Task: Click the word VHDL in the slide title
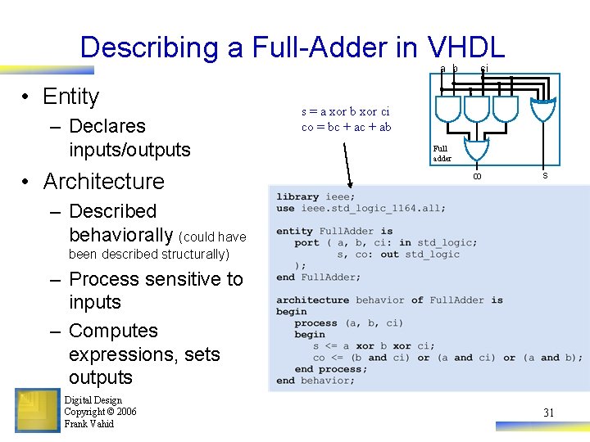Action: [x=465, y=47]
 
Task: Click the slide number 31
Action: [x=548, y=413]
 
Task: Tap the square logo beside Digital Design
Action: [x=37, y=410]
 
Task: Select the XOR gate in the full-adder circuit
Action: [x=543, y=109]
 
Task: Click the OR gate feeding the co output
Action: [x=476, y=149]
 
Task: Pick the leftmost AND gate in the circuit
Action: [x=448, y=107]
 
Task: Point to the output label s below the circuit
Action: [x=545, y=175]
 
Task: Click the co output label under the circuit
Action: [x=476, y=176]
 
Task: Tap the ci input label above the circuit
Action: [x=484, y=69]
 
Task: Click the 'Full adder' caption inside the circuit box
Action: [x=441, y=153]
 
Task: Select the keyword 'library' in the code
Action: [x=297, y=196]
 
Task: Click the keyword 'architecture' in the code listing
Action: [x=312, y=300]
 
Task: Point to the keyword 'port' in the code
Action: [x=306, y=243]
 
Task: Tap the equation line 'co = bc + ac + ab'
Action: [x=346, y=127]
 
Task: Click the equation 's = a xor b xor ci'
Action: [x=345, y=111]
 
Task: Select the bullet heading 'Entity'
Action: [x=70, y=97]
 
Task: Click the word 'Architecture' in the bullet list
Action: [x=103, y=181]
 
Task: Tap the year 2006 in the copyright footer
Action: [x=126, y=412]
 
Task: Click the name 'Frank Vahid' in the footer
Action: [x=89, y=424]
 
